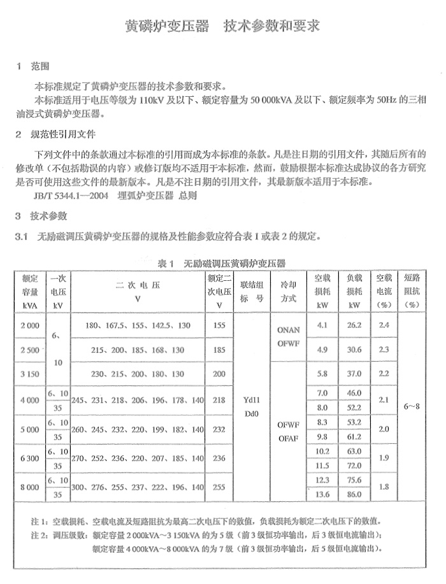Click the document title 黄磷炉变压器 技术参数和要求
(222, 27)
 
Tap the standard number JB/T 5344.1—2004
(70, 196)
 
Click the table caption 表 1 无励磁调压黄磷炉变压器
(222, 262)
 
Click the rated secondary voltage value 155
(220, 325)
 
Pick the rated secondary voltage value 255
(220, 487)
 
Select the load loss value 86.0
(354, 494)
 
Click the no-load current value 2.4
(384, 325)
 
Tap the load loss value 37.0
(354, 373)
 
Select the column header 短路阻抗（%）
(412, 290)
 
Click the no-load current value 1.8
(384, 487)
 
